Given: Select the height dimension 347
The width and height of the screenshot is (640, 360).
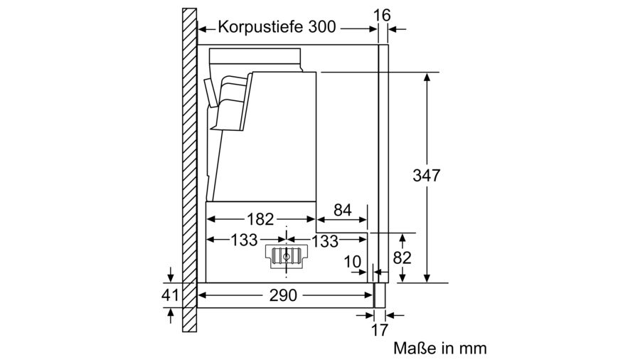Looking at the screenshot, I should pos(427,175).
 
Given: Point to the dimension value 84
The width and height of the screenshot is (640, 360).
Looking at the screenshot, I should pos(343,210).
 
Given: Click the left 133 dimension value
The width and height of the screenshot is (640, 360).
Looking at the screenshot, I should pos(243,240).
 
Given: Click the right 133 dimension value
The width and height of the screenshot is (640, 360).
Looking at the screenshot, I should pos(325,241).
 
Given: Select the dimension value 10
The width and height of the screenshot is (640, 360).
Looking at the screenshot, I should pos(353,262).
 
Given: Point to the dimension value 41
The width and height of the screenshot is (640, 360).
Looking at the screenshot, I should pos(171,294).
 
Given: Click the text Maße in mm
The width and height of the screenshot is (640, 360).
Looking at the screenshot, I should pos(439,349).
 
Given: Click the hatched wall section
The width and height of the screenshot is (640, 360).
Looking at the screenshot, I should pos(188,171).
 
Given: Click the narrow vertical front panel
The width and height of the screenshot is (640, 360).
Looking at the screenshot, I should pos(383,164).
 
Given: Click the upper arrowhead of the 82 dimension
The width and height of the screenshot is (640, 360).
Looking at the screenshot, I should pos(402,237).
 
